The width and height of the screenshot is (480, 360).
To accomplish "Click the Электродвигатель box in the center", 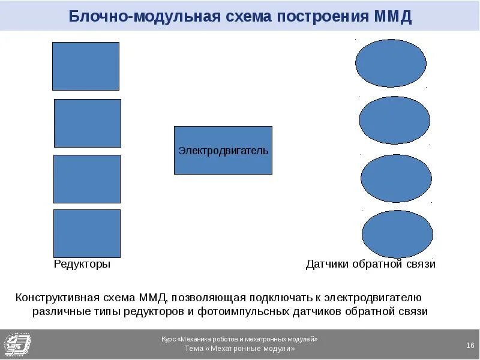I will click(223, 150).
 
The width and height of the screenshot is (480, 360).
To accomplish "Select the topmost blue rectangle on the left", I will click(86, 66).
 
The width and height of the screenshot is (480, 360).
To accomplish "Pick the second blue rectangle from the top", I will click(88, 123).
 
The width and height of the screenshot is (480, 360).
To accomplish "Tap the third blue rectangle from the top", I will click(87, 179).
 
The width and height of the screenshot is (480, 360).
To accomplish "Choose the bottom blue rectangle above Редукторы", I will click(87, 233).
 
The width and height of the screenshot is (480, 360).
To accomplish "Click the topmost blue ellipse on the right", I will click(391, 63).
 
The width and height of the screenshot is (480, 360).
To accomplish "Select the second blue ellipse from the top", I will click(394, 121).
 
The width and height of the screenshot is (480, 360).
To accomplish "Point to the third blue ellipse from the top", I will click(396, 178).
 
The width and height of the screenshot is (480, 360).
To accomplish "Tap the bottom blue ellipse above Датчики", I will click(397, 234).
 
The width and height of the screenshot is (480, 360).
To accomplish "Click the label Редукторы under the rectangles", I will click(82, 264).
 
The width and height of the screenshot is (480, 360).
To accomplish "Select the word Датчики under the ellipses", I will click(327, 264).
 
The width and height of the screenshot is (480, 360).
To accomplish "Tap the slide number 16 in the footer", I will click(470, 344).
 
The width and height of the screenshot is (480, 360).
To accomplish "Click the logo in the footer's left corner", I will click(17, 344).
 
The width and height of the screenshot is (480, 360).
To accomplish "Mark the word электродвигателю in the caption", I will click(383, 297).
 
